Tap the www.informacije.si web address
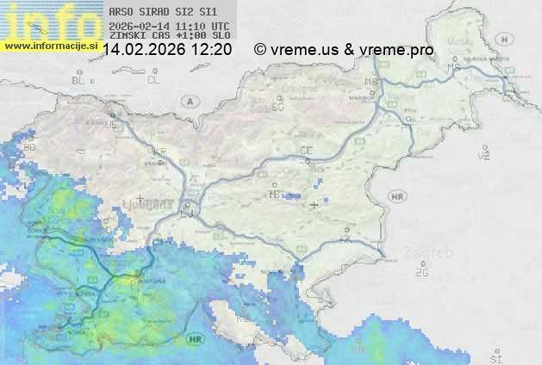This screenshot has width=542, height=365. click(x=49, y=45)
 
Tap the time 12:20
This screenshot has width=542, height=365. click(x=211, y=50)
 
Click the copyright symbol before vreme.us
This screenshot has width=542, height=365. click(x=260, y=50)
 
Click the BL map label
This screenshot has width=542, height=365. click(x=79, y=80)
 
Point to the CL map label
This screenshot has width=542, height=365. click(x=154, y=80)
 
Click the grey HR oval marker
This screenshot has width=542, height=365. click(x=397, y=197)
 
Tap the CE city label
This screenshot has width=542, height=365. click(x=305, y=151)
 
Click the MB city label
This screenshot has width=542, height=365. click(x=371, y=82)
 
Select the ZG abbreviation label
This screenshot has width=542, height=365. click(x=421, y=273)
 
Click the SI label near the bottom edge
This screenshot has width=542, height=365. click(x=495, y=356)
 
